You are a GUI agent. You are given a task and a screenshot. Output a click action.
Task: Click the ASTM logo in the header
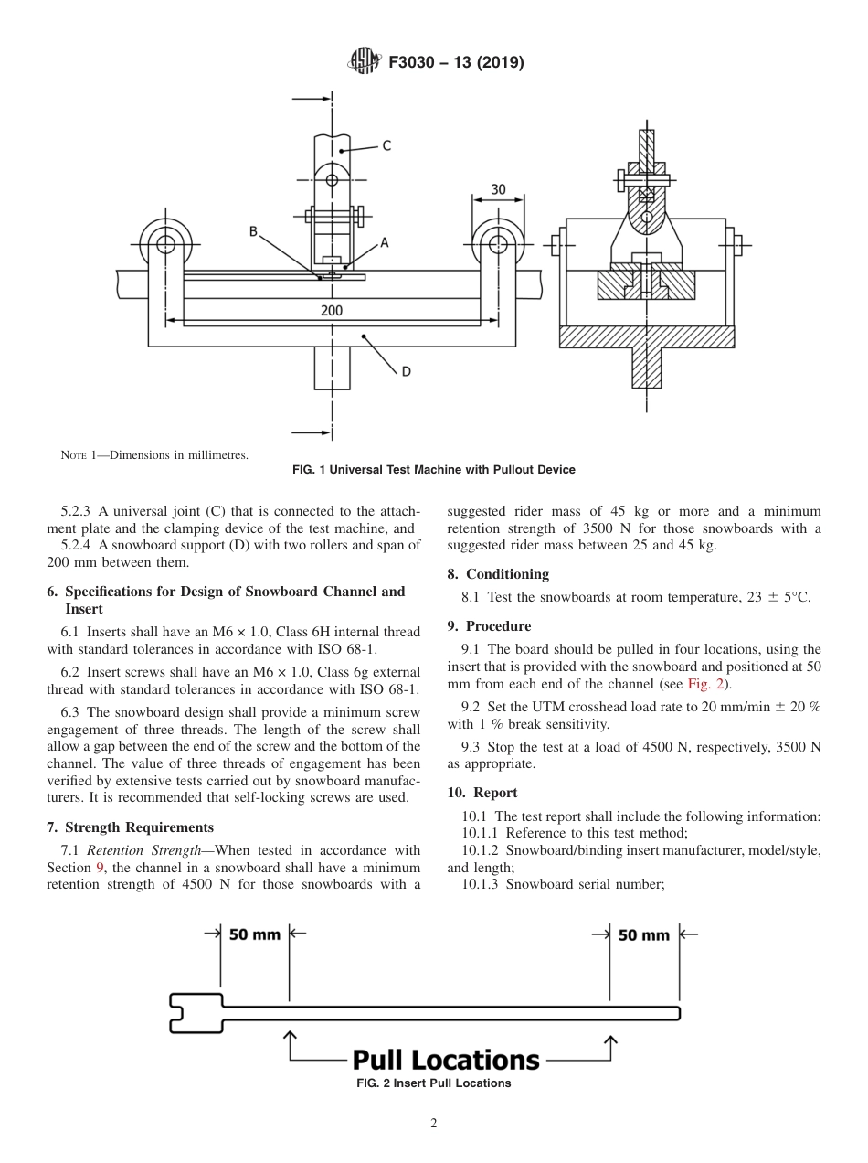click(365, 62)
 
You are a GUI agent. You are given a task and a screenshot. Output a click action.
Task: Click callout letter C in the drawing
click(386, 144)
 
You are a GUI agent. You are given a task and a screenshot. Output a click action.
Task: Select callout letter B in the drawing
click(253, 232)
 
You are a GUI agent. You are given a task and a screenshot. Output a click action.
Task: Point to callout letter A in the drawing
click(385, 242)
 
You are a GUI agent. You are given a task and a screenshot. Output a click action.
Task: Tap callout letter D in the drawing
click(406, 371)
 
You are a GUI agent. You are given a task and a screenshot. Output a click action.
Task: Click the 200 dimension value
click(332, 311)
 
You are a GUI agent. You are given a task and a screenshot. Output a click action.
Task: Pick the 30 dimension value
click(498, 189)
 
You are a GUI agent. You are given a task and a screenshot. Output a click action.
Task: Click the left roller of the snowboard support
click(165, 244)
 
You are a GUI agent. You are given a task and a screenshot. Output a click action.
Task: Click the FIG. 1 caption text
click(433, 470)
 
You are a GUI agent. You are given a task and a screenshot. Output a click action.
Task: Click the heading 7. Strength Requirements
click(130, 827)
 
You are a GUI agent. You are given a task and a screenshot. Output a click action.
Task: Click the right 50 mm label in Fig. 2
click(643, 935)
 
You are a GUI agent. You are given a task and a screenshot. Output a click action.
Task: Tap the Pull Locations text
click(446, 1061)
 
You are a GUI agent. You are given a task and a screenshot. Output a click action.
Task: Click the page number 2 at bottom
click(433, 1124)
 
